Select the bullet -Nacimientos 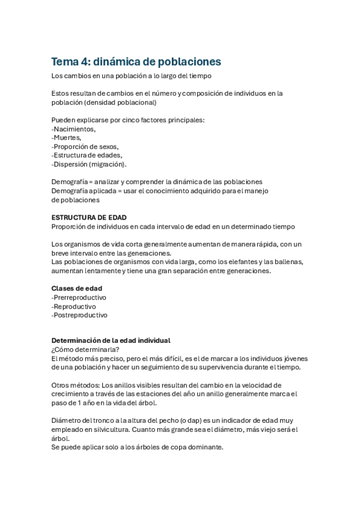(x=73, y=129)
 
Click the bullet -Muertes (x=67, y=138)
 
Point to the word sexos (x=108, y=146)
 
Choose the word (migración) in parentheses (x=107, y=164)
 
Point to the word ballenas (x=287, y=262)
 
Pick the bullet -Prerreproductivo (x=79, y=297)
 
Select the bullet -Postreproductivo (x=79, y=315)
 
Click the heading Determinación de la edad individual (x=111, y=340)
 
